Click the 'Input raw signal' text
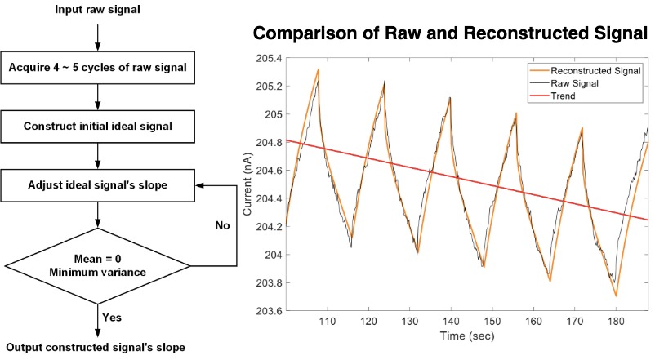tap(97, 10)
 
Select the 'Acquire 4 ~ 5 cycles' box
tap(98, 68)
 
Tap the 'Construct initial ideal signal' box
tap(98, 127)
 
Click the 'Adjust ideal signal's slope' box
tap(98, 185)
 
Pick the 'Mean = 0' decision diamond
tap(98, 265)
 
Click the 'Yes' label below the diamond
tap(112, 316)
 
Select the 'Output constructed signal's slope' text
tap(98, 348)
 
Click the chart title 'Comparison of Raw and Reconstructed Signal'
tap(450, 34)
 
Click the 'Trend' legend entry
tap(564, 96)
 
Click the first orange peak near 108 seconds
tap(318, 70)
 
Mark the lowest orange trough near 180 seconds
tap(616, 296)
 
